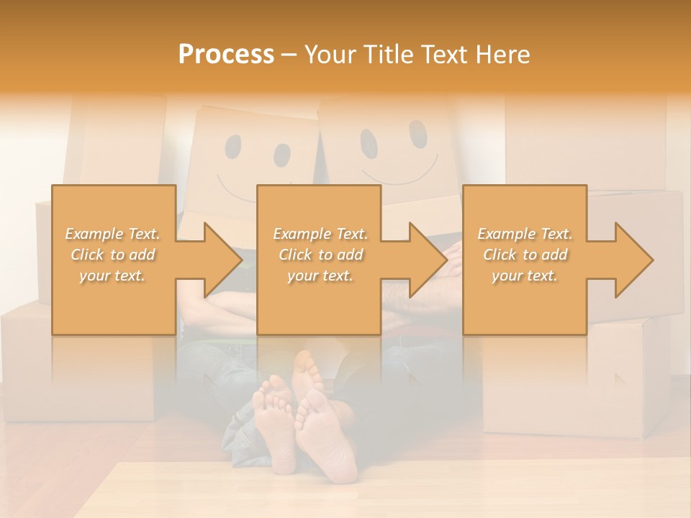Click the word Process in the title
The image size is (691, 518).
[x=226, y=55]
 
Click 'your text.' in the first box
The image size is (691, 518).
[x=113, y=276]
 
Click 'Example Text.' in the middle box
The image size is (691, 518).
[x=320, y=234]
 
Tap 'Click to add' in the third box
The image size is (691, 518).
[x=525, y=255]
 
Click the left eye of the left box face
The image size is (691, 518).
[x=233, y=146]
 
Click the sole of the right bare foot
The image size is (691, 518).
[x=328, y=439]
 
